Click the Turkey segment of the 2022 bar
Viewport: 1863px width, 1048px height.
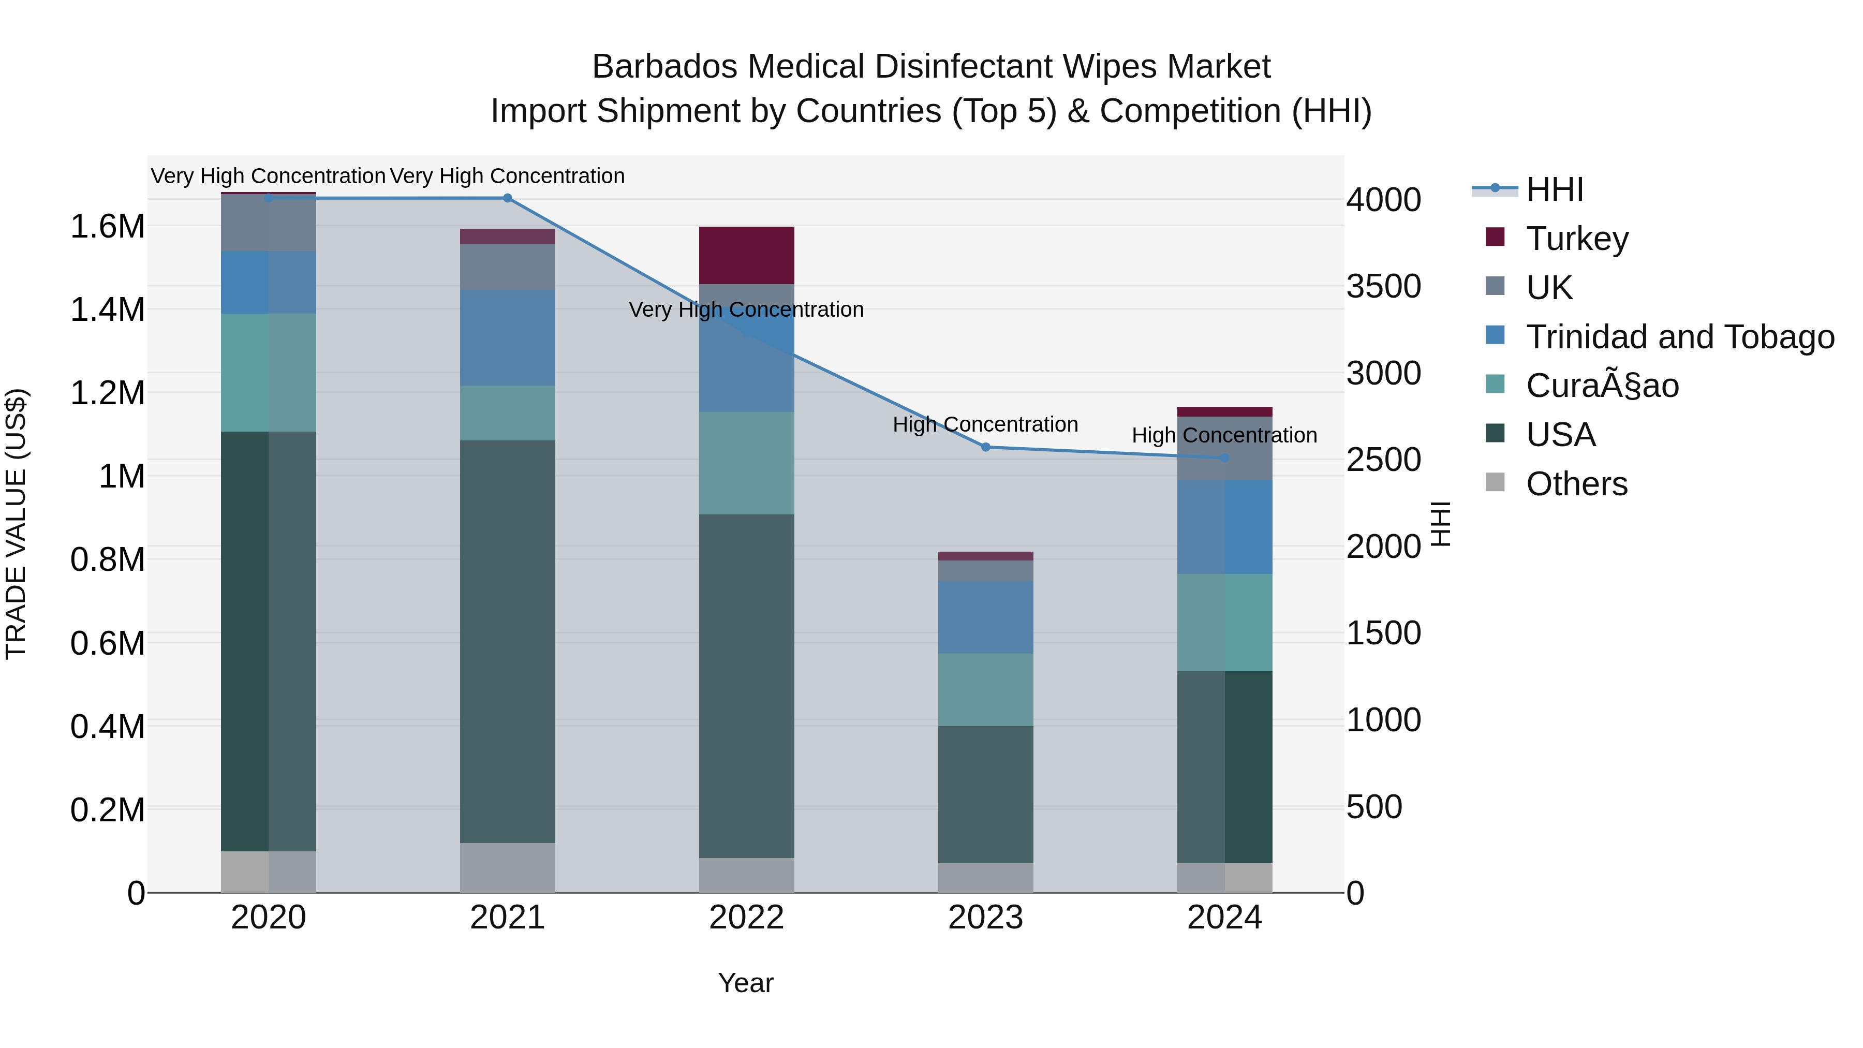click(x=746, y=255)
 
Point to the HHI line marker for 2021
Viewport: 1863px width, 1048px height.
click(x=507, y=198)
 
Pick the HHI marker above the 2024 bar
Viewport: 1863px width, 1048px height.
click(x=1224, y=458)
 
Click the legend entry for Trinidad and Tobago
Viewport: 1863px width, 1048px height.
click(x=1679, y=337)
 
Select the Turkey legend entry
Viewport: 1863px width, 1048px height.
click(x=1577, y=239)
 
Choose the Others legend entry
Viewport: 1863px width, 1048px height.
click(x=1577, y=484)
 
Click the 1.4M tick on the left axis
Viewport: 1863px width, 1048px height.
click(x=108, y=309)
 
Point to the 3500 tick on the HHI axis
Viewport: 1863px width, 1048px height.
click(x=1383, y=286)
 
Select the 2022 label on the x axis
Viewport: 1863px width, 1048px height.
click(x=746, y=918)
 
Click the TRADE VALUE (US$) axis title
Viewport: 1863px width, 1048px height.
click(x=16, y=524)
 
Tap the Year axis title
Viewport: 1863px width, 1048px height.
click(x=746, y=983)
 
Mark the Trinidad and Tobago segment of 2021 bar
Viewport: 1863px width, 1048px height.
click(x=507, y=338)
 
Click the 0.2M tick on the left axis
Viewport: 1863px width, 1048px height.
click(x=108, y=810)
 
